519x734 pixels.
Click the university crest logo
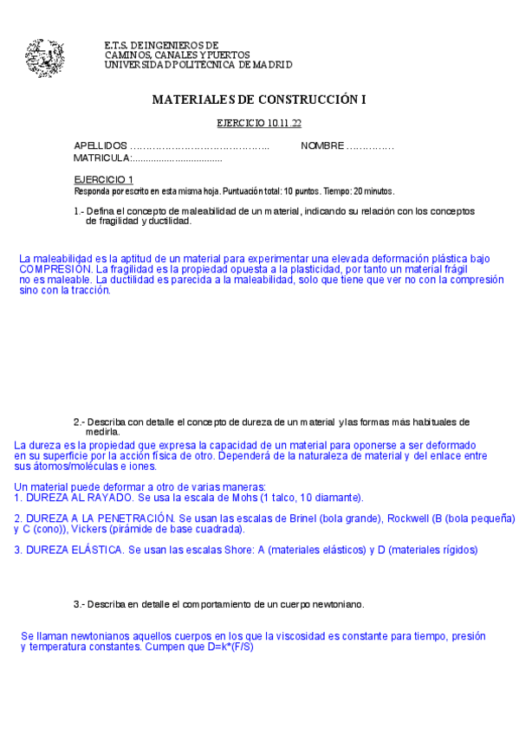44,58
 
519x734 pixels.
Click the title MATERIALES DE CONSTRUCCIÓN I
259,100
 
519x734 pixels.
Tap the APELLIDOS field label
101,145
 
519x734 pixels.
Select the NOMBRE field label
322,145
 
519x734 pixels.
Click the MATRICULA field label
101,158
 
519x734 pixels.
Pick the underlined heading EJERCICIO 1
103,179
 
